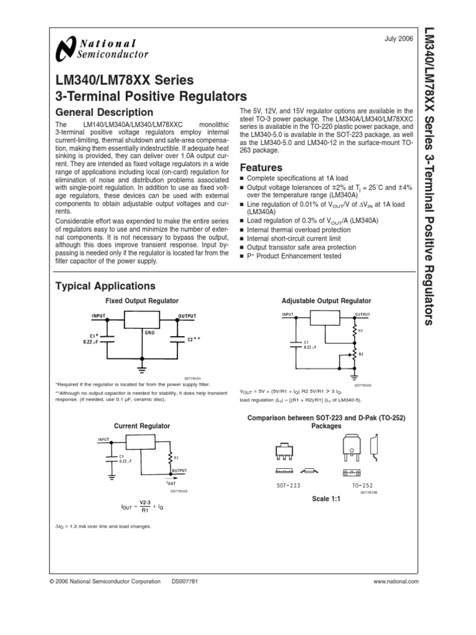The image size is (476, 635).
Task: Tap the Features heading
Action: point(261,167)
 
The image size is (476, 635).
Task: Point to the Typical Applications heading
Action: point(105,286)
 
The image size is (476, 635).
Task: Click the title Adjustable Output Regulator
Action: point(327,301)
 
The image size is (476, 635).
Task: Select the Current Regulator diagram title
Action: point(141,426)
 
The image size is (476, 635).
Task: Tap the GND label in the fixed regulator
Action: point(149,332)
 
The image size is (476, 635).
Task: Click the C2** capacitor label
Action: point(193,339)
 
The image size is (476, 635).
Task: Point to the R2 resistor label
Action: point(361,353)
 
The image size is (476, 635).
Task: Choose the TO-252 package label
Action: point(363,485)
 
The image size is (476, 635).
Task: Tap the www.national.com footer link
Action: point(396,582)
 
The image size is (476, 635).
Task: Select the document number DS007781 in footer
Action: point(184,582)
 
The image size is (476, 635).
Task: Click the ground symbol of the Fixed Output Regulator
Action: point(142,369)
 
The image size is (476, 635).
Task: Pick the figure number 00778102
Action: point(345,384)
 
